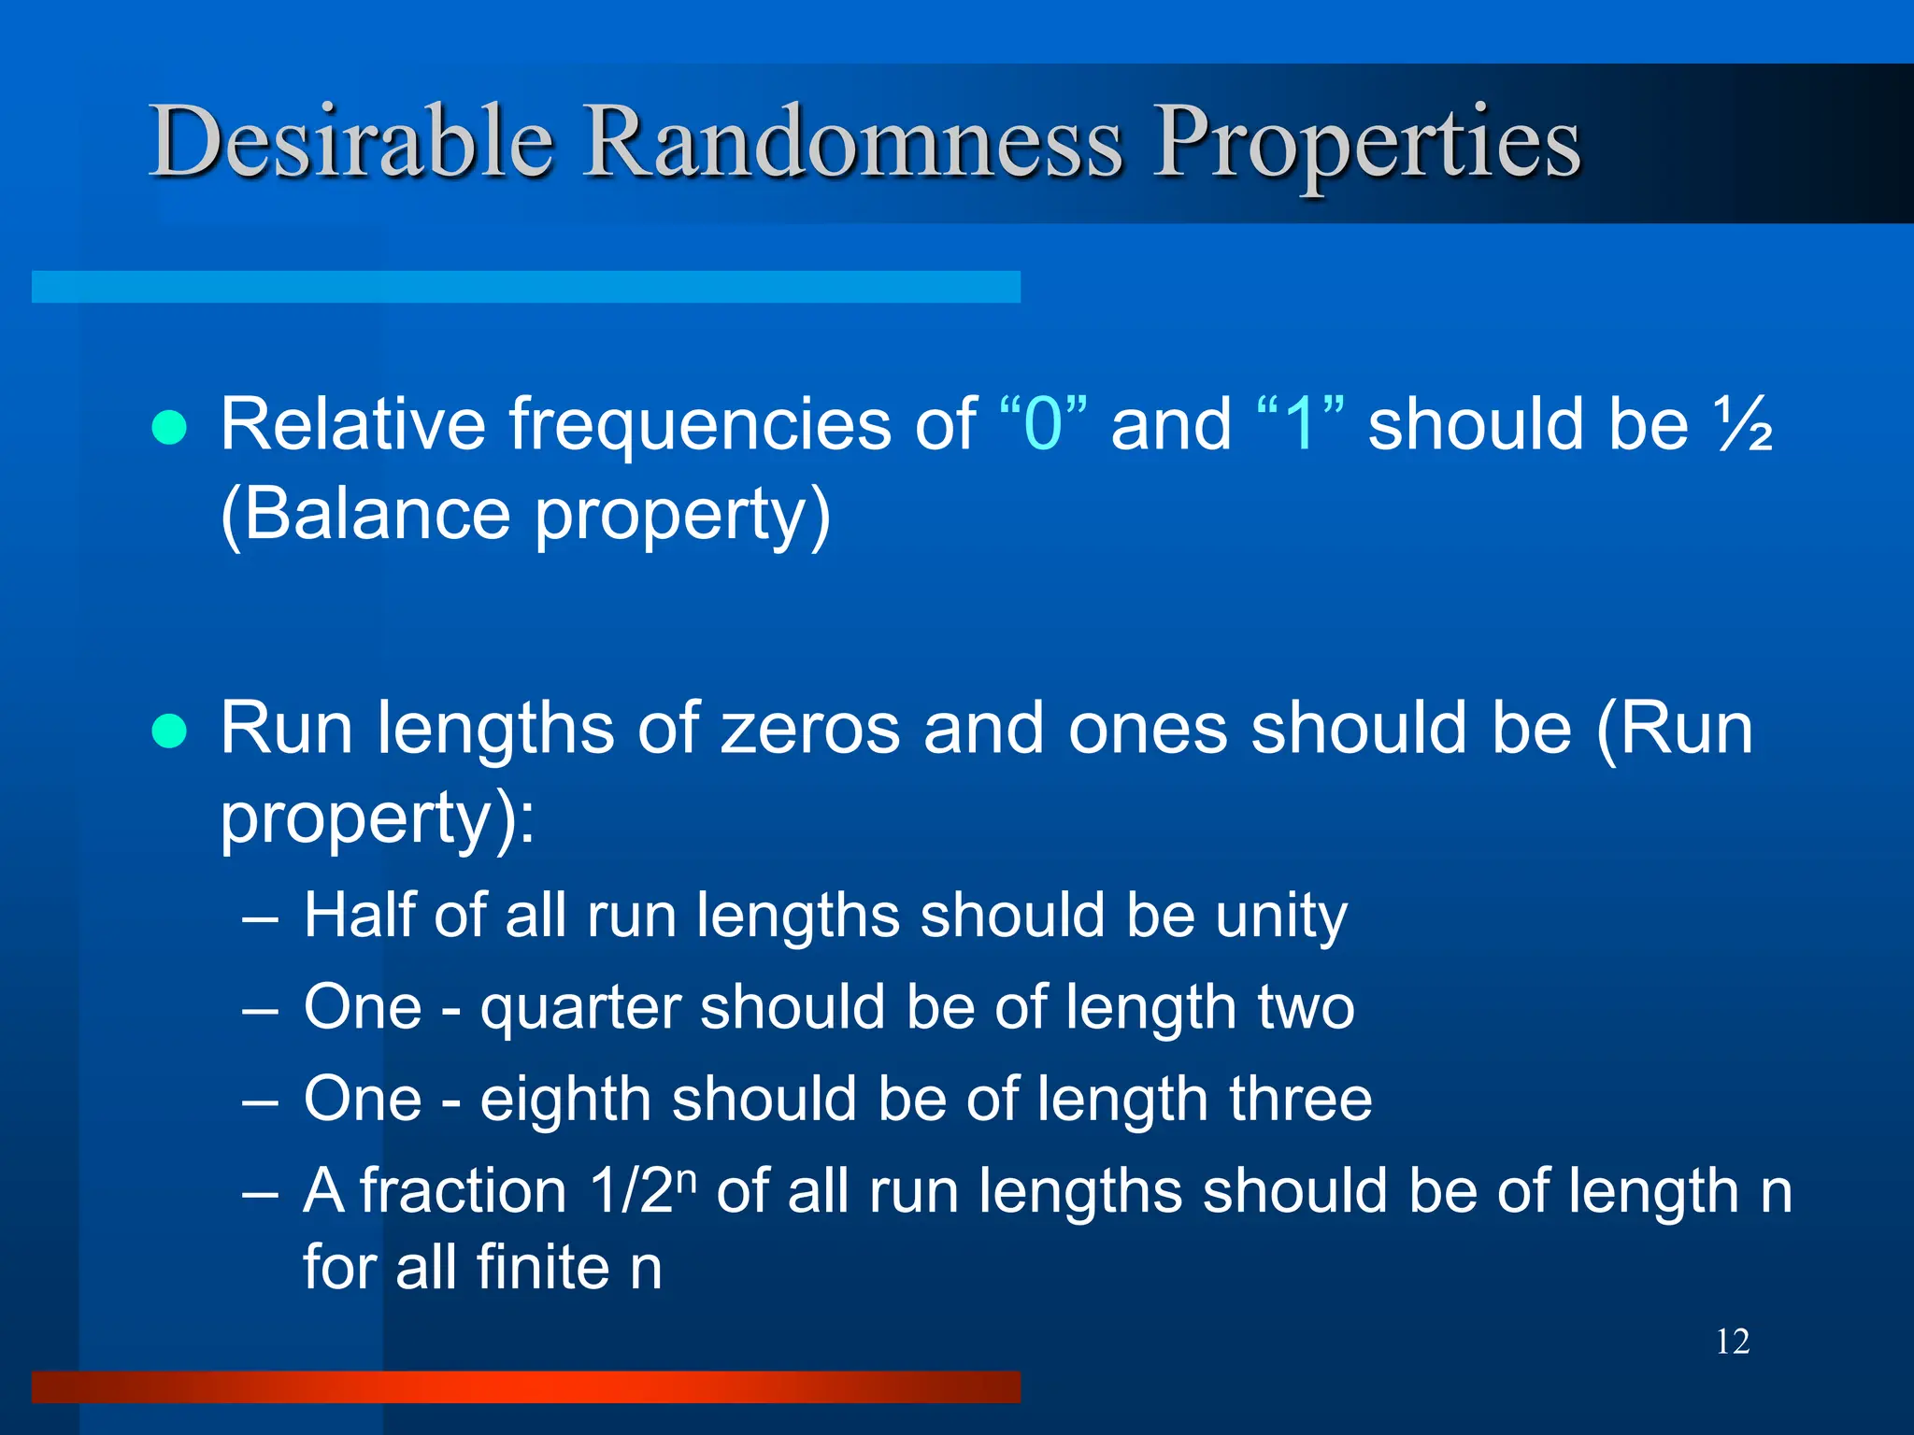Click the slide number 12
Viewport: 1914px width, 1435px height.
(1732, 1342)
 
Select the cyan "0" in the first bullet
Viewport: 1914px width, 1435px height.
(1043, 425)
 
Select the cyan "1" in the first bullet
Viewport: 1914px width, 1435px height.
(1300, 425)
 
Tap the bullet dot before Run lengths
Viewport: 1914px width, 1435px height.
(169, 731)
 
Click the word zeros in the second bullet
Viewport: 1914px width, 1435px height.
(810, 729)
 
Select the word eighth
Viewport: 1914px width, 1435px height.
(565, 1100)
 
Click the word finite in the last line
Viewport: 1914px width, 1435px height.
(543, 1268)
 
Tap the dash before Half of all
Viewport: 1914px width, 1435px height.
(260, 918)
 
